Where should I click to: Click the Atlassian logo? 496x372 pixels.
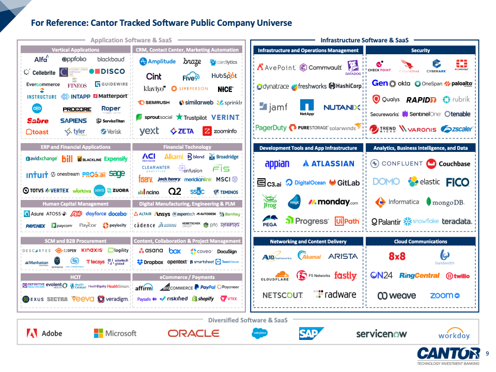[329, 164]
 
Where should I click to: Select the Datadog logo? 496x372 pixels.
[353, 68]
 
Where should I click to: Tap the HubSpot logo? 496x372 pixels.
[224, 75]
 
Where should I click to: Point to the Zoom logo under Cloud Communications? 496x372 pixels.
[444, 296]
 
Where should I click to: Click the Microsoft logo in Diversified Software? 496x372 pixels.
[115, 333]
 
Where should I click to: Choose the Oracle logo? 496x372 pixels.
[193, 334]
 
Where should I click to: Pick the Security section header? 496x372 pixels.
[421, 51]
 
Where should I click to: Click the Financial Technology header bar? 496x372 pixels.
[187, 147]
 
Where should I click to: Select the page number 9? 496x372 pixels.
[487, 353]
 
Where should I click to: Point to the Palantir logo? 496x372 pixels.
[386, 222]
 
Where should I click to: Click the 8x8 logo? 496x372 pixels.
[397, 256]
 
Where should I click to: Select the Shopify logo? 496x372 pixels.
[203, 299]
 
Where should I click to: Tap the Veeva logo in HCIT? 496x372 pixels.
[83, 299]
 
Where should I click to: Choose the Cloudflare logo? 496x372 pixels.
[274, 276]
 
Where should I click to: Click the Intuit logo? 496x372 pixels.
[37, 175]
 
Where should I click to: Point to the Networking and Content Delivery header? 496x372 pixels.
[308, 241]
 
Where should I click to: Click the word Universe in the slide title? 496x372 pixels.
[272, 23]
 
